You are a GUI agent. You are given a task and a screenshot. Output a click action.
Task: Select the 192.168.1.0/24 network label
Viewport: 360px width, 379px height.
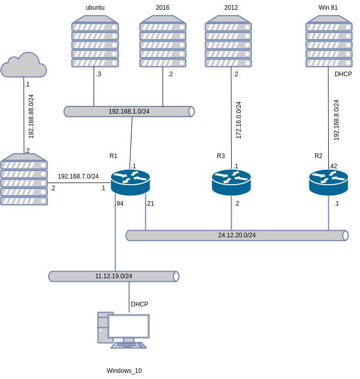(129, 112)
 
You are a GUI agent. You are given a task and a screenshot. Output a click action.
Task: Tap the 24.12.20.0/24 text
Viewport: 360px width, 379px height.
(237, 235)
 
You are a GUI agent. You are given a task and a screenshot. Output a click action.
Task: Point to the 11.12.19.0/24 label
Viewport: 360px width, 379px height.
(114, 276)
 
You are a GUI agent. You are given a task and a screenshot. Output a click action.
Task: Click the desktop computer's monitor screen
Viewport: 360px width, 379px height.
(128, 326)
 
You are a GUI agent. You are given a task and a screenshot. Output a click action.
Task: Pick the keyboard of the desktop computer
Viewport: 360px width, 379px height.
(129, 345)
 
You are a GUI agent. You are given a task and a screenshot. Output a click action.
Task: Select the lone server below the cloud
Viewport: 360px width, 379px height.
(24, 180)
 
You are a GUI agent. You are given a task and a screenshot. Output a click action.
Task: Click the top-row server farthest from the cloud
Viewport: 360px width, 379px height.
(329, 41)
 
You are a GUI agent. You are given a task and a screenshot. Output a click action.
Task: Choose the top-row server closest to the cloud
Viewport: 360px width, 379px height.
(95, 41)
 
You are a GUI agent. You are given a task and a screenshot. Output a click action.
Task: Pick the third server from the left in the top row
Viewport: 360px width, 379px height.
(228, 41)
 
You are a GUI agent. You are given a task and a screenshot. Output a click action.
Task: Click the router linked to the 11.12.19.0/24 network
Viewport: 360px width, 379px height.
(130, 182)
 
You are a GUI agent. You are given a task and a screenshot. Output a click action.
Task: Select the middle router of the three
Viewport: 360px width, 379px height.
(231, 182)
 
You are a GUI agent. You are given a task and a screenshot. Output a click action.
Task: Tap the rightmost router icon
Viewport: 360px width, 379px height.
(328, 182)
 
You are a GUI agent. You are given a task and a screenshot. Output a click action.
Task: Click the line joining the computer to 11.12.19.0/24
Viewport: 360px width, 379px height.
(129, 297)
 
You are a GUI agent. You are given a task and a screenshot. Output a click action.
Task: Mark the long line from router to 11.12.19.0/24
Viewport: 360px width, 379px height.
(115, 235)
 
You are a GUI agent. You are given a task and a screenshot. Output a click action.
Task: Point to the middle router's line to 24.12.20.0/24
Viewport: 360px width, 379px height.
(231, 213)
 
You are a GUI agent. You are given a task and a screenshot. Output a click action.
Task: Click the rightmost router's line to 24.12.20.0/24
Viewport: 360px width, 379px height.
(328, 213)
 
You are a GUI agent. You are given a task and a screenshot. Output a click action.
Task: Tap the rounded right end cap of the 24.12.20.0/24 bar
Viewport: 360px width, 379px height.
(345, 235)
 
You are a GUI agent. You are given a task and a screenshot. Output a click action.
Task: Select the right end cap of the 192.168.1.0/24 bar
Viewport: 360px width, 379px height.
(191, 112)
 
